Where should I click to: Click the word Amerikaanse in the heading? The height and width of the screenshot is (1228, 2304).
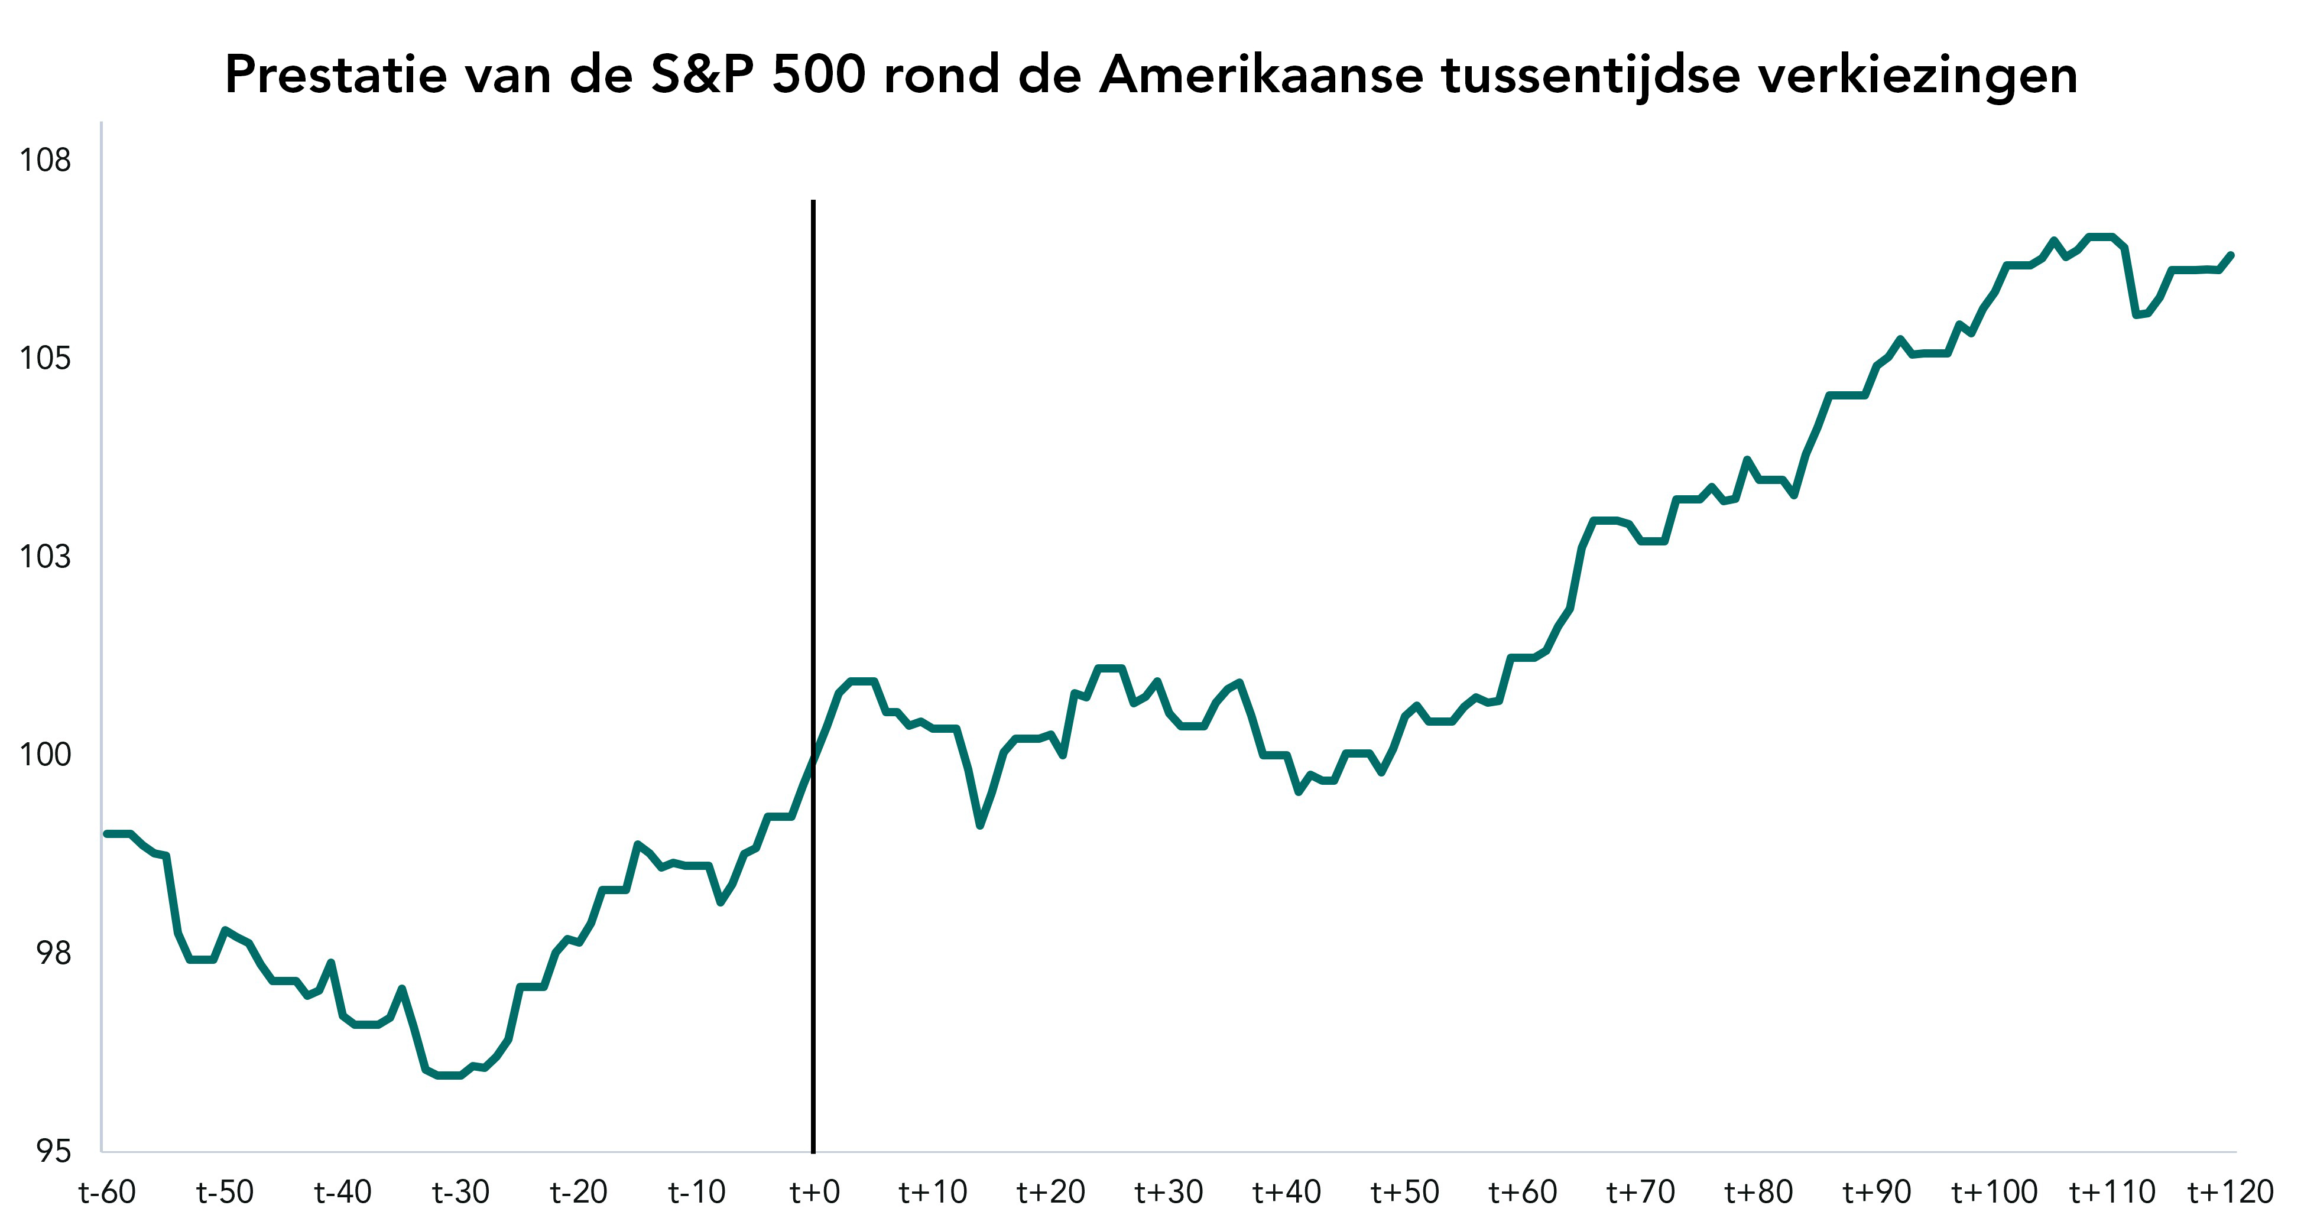coord(1261,74)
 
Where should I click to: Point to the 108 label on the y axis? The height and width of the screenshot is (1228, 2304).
coord(45,160)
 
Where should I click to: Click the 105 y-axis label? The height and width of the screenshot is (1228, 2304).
coord(45,359)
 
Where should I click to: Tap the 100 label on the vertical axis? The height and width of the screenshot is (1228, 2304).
coord(45,755)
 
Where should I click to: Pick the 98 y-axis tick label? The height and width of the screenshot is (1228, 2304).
coord(53,953)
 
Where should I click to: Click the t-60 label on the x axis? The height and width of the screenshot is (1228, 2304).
coord(108,1192)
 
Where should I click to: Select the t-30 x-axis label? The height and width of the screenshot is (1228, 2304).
coord(460,1192)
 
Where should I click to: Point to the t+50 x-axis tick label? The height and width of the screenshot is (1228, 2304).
coord(1404,1192)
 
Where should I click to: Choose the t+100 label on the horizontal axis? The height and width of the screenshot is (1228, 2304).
coord(1994,1192)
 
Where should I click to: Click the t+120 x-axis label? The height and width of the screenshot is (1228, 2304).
coord(2230,1192)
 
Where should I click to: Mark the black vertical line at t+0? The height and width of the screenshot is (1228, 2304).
coord(813,676)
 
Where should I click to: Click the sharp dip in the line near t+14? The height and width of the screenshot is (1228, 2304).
coord(980,824)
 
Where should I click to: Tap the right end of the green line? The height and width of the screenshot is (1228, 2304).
coord(2232,255)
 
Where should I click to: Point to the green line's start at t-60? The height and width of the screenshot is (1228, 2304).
coord(106,834)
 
